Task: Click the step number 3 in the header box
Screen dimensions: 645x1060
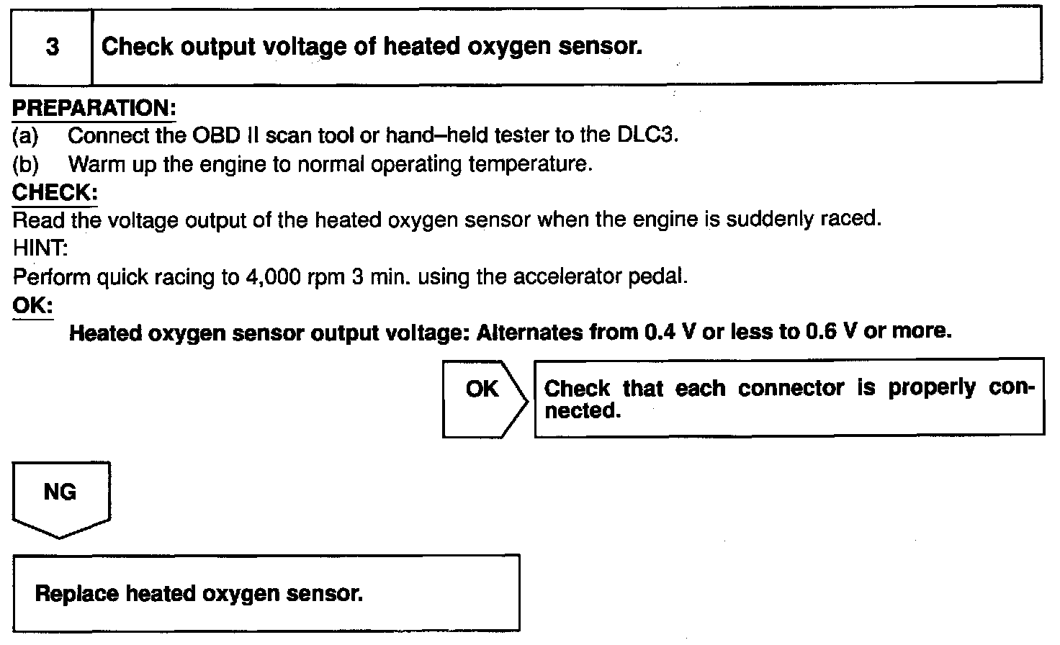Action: pyautogui.click(x=52, y=48)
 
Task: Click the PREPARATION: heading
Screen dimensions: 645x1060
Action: pyautogui.click(x=94, y=109)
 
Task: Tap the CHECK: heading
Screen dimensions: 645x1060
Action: pyautogui.click(x=55, y=193)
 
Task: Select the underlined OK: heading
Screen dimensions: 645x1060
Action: pyautogui.click(x=32, y=305)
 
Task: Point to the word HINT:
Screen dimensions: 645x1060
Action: pyautogui.click(x=40, y=248)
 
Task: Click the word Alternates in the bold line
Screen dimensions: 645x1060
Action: pyautogui.click(x=530, y=333)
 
